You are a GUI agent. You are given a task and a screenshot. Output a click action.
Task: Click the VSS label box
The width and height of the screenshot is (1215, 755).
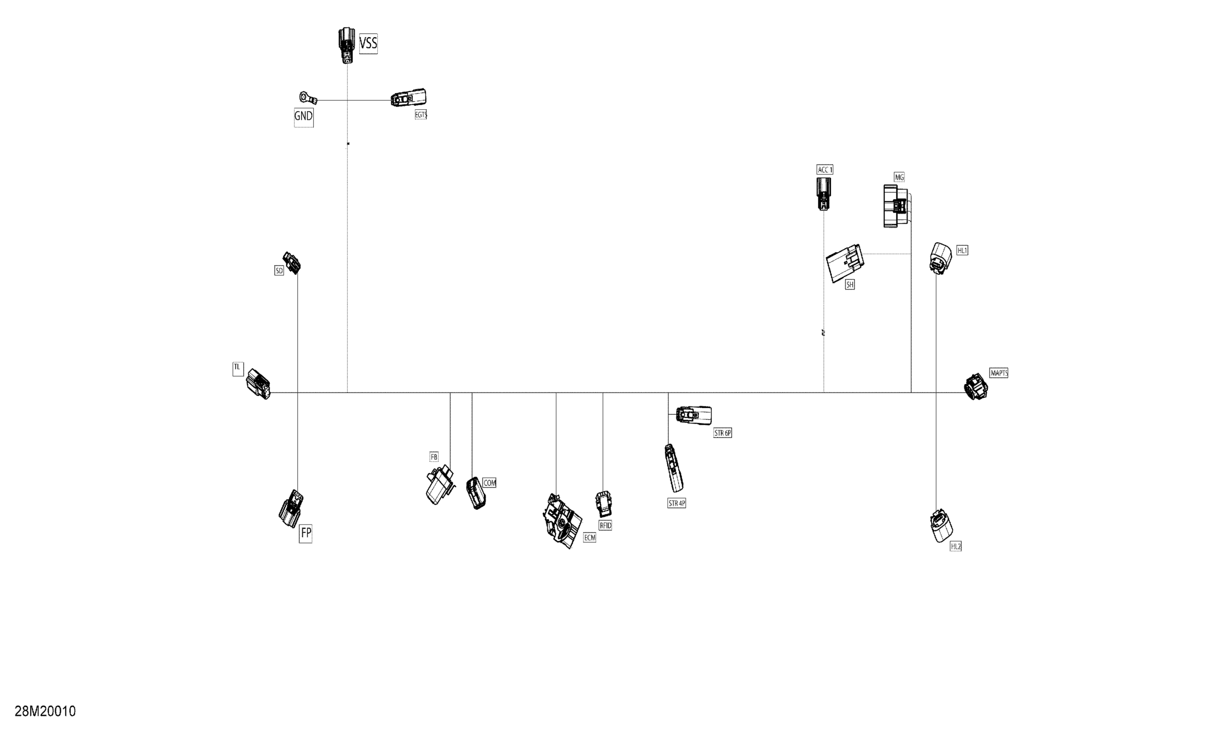tap(368, 44)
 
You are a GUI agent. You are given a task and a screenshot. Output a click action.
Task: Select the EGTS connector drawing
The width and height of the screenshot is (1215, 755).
tap(409, 98)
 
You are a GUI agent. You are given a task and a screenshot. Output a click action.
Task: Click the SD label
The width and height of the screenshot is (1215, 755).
tap(279, 270)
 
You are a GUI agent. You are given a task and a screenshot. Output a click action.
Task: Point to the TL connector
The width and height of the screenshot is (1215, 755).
tap(258, 384)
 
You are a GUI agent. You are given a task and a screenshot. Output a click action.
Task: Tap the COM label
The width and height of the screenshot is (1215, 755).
tap(490, 483)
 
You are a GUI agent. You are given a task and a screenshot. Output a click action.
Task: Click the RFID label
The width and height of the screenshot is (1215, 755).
tap(605, 525)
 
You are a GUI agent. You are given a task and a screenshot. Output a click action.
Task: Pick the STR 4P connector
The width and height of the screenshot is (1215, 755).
tap(673, 468)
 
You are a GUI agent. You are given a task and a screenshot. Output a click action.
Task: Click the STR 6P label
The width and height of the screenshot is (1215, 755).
tap(723, 433)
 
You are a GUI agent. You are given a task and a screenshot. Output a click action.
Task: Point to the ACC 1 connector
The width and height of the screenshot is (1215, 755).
tap(823, 193)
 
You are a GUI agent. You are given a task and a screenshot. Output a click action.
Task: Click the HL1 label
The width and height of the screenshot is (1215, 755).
tap(962, 250)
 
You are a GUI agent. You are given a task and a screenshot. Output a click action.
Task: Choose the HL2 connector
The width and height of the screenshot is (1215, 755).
tap(941, 526)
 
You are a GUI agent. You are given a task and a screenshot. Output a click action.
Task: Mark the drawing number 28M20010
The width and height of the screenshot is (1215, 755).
tap(45, 711)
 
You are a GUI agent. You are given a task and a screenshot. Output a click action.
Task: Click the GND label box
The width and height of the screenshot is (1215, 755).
tap(303, 116)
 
